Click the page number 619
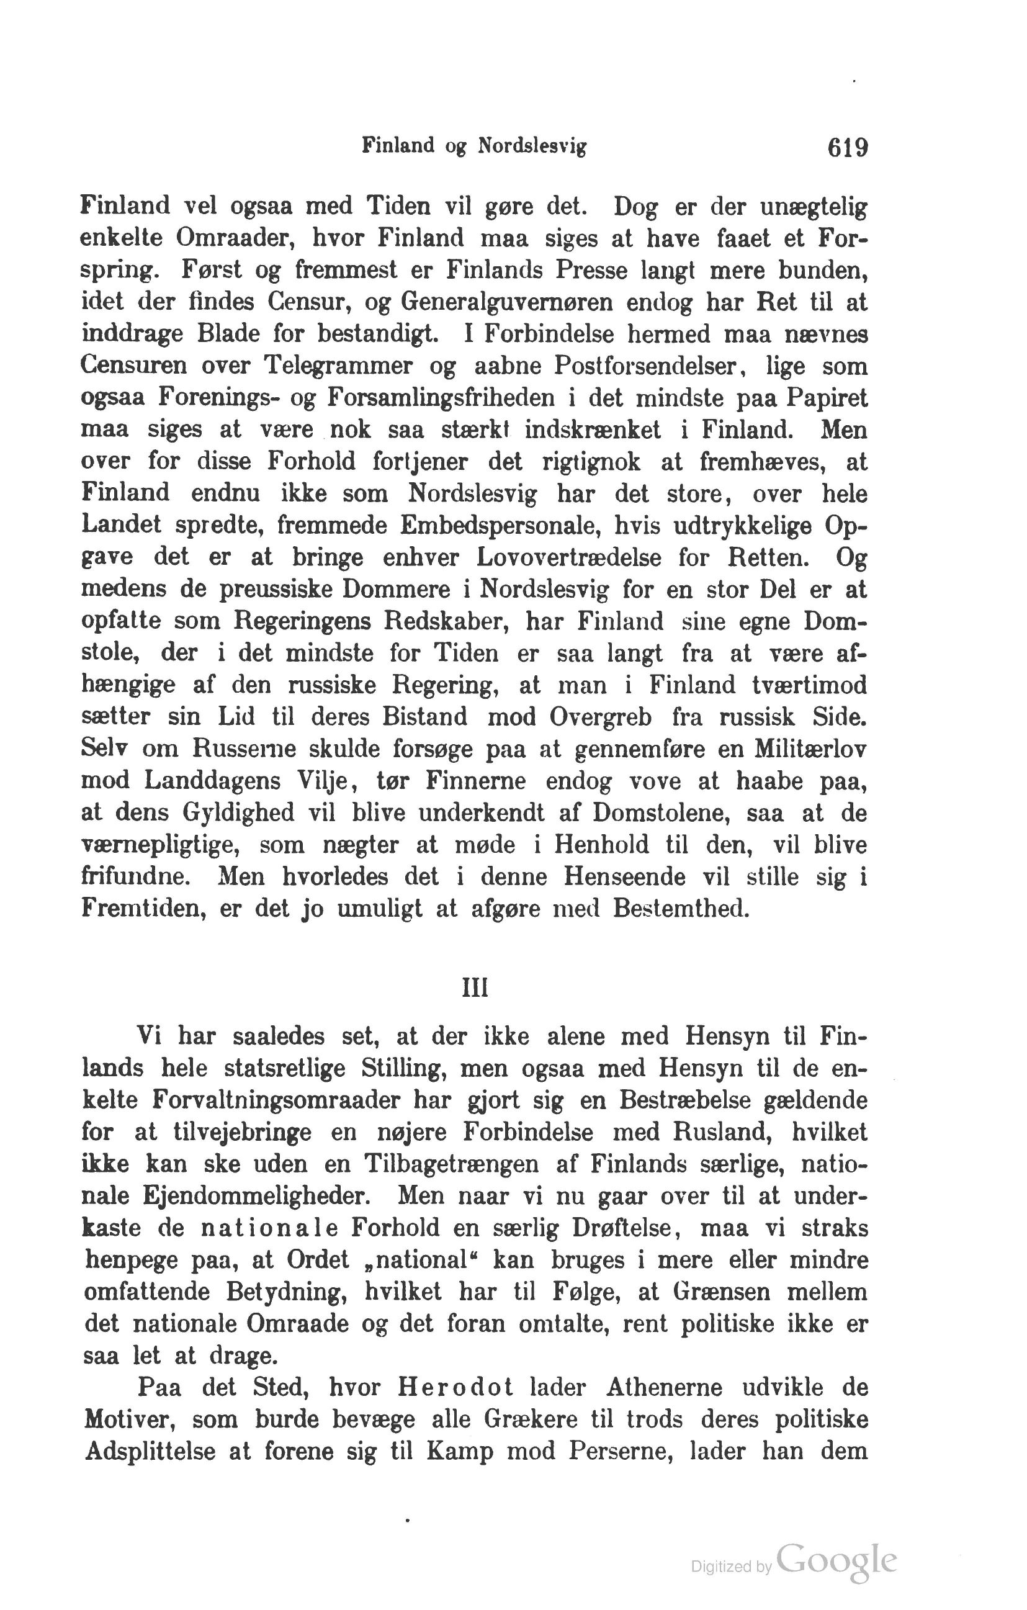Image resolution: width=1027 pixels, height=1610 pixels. click(x=847, y=147)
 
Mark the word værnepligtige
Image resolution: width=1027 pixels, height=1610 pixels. click(x=161, y=845)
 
